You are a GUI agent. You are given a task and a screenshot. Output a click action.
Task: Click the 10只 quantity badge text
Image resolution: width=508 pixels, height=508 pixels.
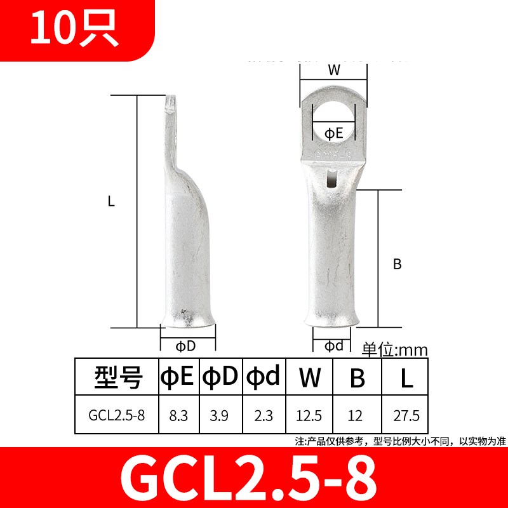click(x=74, y=30)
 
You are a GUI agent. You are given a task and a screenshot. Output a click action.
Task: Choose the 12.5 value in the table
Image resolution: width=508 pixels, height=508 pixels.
click(x=309, y=417)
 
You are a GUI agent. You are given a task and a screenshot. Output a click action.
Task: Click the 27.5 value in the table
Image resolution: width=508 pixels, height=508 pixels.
click(x=406, y=417)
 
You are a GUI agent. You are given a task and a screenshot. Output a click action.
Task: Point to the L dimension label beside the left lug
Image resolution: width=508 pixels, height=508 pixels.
click(x=110, y=202)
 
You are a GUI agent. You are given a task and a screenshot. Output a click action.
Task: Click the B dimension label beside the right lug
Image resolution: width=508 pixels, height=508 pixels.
click(x=398, y=265)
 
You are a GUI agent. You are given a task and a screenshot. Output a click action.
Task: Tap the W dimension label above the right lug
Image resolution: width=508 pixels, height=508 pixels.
click(x=333, y=71)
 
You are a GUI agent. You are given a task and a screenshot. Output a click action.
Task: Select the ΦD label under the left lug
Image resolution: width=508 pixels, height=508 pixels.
click(x=185, y=345)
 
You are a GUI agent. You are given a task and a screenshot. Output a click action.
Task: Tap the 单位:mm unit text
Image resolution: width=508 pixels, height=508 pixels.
click(x=395, y=349)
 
